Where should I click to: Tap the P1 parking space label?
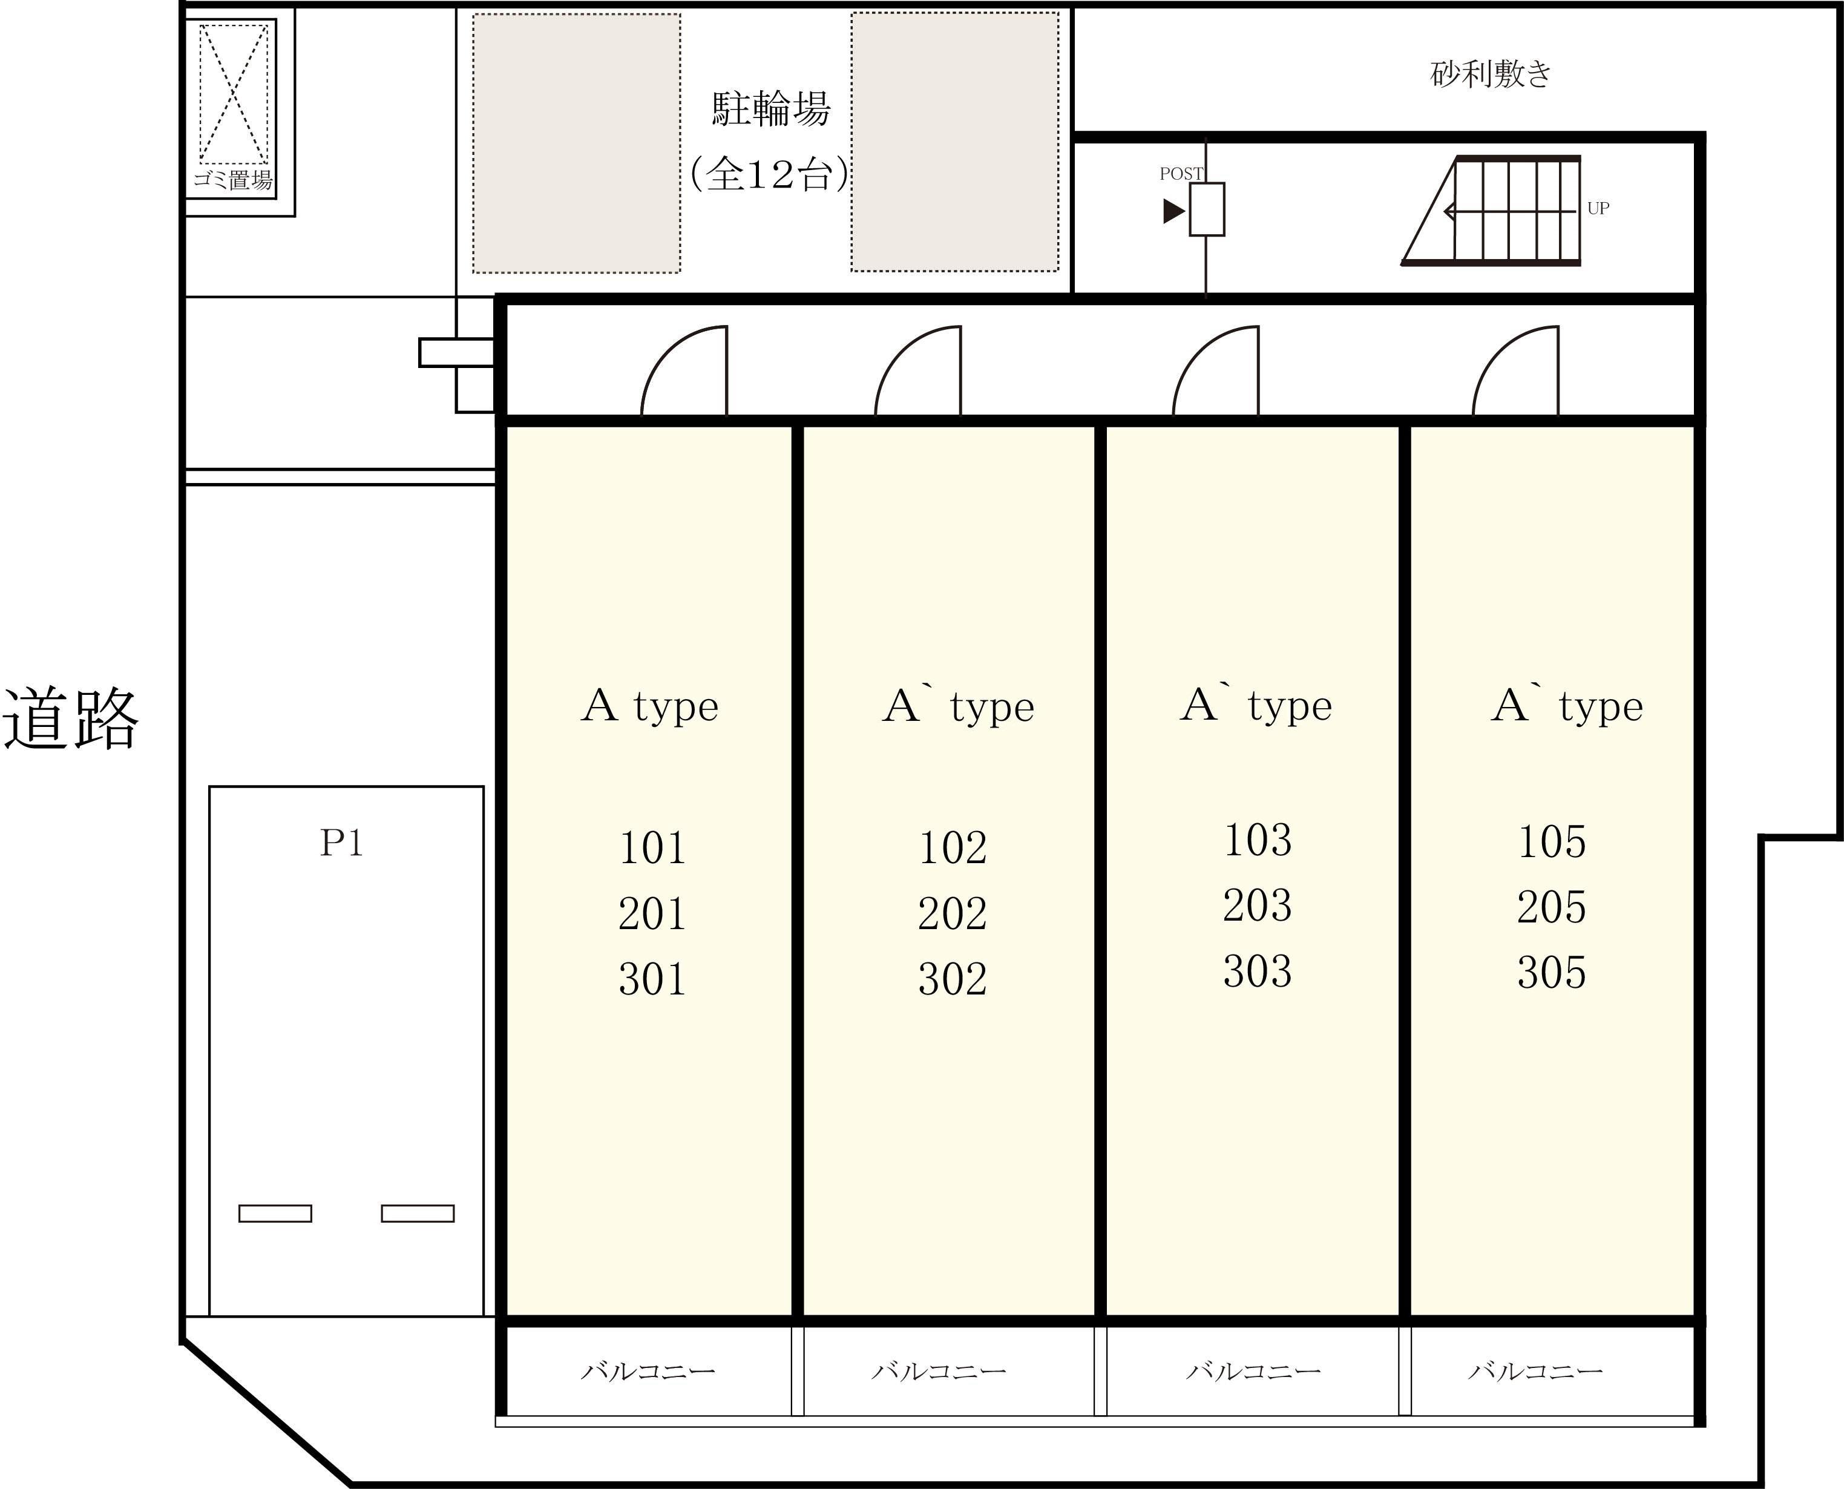click(x=341, y=843)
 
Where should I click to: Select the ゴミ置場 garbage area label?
click(x=232, y=180)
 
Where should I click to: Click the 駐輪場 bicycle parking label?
click(x=771, y=109)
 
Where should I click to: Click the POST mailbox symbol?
click(x=1206, y=208)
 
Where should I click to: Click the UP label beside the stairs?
click(x=1598, y=208)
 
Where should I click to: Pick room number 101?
click(x=652, y=847)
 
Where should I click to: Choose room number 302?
click(x=952, y=979)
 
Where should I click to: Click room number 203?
click(x=1256, y=905)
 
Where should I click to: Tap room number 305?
click(x=1550, y=972)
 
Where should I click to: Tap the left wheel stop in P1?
click(x=275, y=1213)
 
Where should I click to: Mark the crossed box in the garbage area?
click(x=233, y=93)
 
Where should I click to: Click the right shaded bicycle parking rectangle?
click(x=954, y=142)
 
